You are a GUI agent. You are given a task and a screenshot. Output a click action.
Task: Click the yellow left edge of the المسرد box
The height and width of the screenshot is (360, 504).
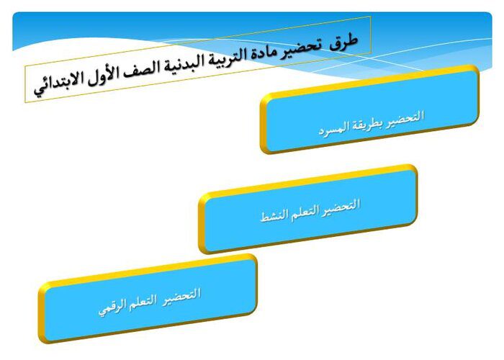point(264,124)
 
